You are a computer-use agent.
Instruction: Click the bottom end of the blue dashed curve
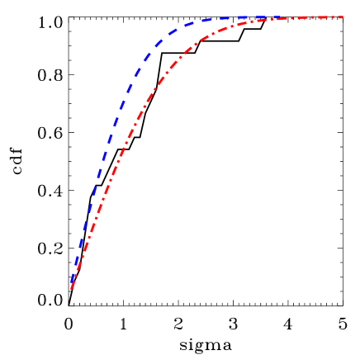coord(72,282)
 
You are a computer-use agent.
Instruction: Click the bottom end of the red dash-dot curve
coord(71,289)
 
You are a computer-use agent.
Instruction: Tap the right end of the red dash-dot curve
coord(343,17)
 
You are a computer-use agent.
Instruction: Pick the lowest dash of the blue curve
coord(73,277)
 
